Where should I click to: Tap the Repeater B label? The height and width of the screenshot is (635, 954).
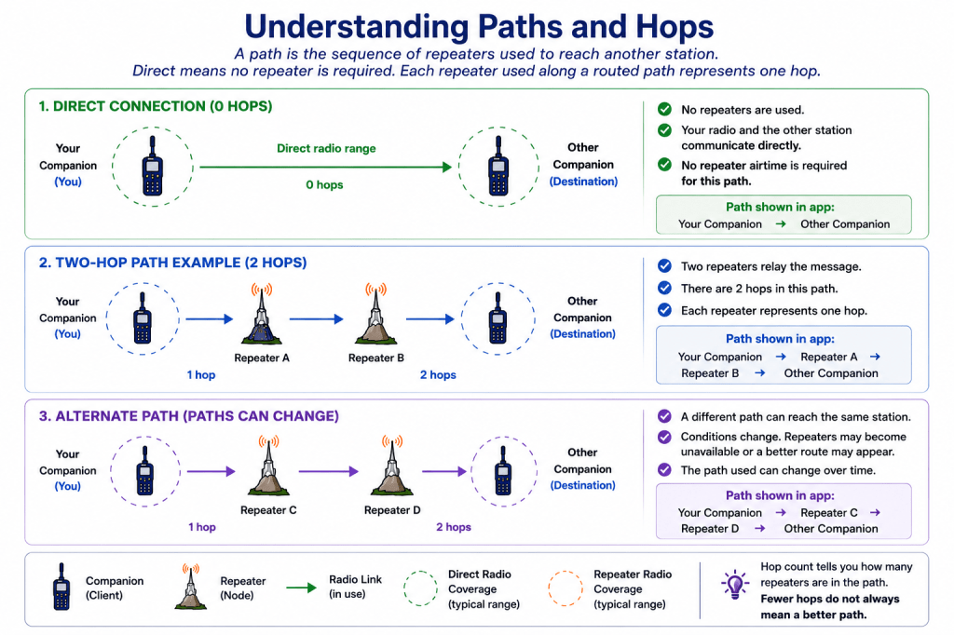pyautogui.click(x=376, y=358)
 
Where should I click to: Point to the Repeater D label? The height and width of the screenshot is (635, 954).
pyautogui.click(x=392, y=509)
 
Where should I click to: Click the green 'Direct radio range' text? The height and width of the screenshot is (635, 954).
pyautogui.click(x=326, y=148)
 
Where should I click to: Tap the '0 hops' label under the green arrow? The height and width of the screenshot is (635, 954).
pyautogui.click(x=324, y=185)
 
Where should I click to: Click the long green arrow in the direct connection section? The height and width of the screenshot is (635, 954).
pyautogui.click(x=325, y=167)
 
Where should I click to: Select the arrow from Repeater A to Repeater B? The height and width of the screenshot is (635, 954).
pyautogui.click(x=317, y=318)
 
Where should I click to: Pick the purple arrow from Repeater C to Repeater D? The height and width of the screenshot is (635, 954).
pyautogui.click(x=329, y=471)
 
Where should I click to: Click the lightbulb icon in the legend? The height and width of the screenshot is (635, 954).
pyautogui.click(x=735, y=585)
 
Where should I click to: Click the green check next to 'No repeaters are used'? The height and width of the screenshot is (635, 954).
pyautogui.click(x=664, y=110)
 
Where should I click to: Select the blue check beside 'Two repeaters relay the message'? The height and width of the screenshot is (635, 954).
pyautogui.click(x=664, y=266)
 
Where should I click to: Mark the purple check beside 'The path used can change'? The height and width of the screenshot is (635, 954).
pyautogui.click(x=664, y=470)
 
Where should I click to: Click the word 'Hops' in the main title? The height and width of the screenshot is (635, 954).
pyautogui.click(x=675, y=27)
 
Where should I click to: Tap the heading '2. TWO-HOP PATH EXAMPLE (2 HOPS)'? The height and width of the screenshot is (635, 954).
pyautogui.click(x=172, y=263)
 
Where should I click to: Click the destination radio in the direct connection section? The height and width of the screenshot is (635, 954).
pyautogui.click(x=498, y=166)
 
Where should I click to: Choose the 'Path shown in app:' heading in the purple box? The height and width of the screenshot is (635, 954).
pyautogui.click(x=780, y=495)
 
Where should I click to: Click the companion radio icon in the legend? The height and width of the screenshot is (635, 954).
pyautogui.click(x=61, y=587)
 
